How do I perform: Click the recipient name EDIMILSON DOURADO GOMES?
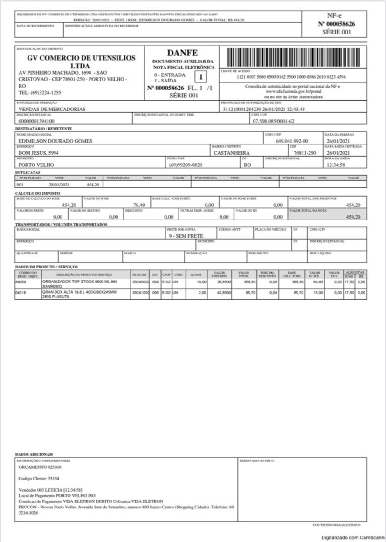[55, 141]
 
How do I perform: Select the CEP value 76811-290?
[305, 153]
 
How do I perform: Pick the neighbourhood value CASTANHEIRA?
[232, 153]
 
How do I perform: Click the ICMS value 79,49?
[139, 205]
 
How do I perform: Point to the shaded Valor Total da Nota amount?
[353, 217]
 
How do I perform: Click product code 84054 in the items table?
[21, 282]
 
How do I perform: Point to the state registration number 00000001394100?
[36, 121]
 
